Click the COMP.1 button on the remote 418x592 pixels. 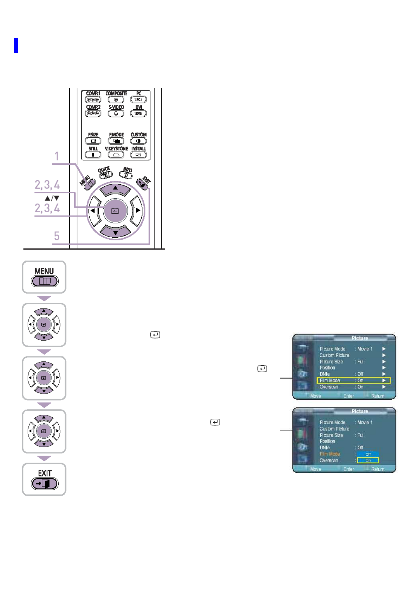click(93, 99)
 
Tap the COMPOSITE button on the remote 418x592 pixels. click(116, 99)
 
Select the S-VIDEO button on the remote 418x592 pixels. click(116, 113)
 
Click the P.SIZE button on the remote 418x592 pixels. click(93, 141)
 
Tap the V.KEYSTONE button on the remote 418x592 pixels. click(116, 155)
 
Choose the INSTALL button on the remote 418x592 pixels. click(138, 155)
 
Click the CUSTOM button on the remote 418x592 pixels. click(138, 141)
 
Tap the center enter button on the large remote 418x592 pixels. click(115, 211)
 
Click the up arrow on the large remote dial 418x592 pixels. click(115, 189)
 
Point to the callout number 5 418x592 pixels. click(57, 236)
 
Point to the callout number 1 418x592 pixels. click(57, 156)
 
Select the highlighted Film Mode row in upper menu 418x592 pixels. click(353, 380)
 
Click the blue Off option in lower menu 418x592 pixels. click(368, 454)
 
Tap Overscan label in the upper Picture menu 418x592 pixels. click(329, 387)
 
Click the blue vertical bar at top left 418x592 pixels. click(16, 45)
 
